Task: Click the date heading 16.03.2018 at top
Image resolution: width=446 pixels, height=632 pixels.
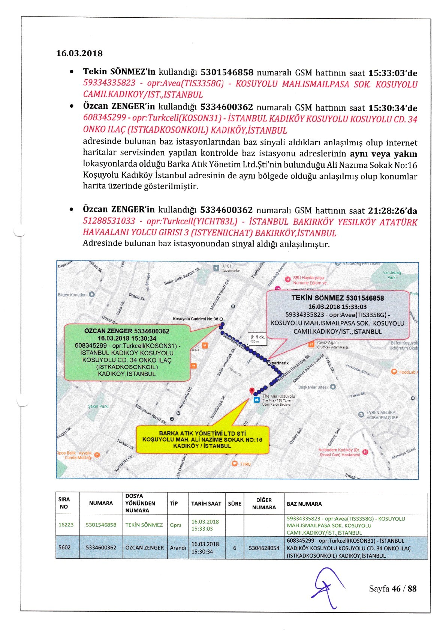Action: click(x=79, y=53)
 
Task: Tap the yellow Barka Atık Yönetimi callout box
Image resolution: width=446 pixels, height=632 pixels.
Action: click(x=202, y=439)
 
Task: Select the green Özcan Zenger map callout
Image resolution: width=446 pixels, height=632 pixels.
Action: click(x=127, y=352)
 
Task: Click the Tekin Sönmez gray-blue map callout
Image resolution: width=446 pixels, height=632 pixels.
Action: click(x=337, y=314)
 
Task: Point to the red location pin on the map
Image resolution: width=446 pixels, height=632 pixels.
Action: click(x=252, y=391)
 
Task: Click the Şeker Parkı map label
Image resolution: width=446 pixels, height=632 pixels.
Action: click(x=98, y=406)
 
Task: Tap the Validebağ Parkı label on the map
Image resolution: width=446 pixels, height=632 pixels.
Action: click(x=392, y=275)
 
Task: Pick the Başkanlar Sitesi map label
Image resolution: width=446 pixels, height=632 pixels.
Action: click(x=313, y=387)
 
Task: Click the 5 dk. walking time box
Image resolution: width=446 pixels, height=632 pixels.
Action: click(x=257, y=339)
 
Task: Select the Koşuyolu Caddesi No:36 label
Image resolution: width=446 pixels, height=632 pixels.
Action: click(x=195, y=319)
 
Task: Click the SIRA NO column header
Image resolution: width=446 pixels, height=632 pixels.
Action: click(x=64, y=503)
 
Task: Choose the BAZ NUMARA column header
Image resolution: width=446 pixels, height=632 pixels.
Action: click(x=304, y=504)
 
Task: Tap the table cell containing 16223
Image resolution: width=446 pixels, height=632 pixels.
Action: click(x=66, y=525)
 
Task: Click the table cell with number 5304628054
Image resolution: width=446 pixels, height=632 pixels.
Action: click(x=264, y=548)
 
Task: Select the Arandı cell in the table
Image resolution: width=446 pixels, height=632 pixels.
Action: click(x=178, y=548)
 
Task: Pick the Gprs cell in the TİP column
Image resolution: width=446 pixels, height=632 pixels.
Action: click(x=175, y=525)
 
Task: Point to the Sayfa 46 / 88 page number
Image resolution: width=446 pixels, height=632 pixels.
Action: click(x=392, y=588)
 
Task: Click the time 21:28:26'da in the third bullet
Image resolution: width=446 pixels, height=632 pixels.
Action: click(x=392, y=211)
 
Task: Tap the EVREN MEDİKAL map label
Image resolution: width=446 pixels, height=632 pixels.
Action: click(x=382, y=415)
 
